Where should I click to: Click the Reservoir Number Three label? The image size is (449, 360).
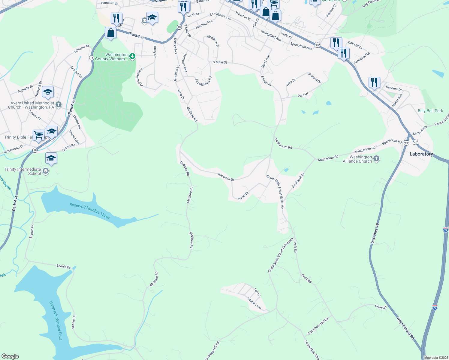click(x=89, y=211)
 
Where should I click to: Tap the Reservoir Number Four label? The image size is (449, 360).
click(x=56, y=320)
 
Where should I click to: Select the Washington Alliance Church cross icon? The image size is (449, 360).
click(x=377, y=159)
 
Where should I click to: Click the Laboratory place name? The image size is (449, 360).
click(x=421, y=154)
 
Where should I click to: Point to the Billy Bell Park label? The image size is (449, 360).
click(x=430, y=111)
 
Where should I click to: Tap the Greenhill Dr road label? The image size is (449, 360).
click(x=226, y=177)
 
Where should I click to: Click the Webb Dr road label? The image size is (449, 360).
click(x=243, y=196)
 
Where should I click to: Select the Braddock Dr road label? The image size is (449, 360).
click(x=298, y=180)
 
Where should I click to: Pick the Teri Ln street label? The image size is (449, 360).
click(x=257, y=292)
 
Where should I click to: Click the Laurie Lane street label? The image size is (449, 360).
click(x=254, y=303)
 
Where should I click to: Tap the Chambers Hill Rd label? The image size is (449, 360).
click(x=318, y=326)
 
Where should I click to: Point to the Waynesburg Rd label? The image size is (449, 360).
click(x=405, y=328)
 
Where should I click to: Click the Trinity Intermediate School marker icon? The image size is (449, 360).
click(x=45, y=171)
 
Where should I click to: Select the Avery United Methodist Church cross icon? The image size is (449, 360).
click(x=59, y=105)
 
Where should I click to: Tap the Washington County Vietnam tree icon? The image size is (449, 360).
click(x=132, y=56)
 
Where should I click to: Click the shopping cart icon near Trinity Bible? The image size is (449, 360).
click(x=39, y=135)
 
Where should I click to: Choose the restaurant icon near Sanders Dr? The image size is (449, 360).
click(x=374, y=82)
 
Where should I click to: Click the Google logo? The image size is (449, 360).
click(x=10, y=356)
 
